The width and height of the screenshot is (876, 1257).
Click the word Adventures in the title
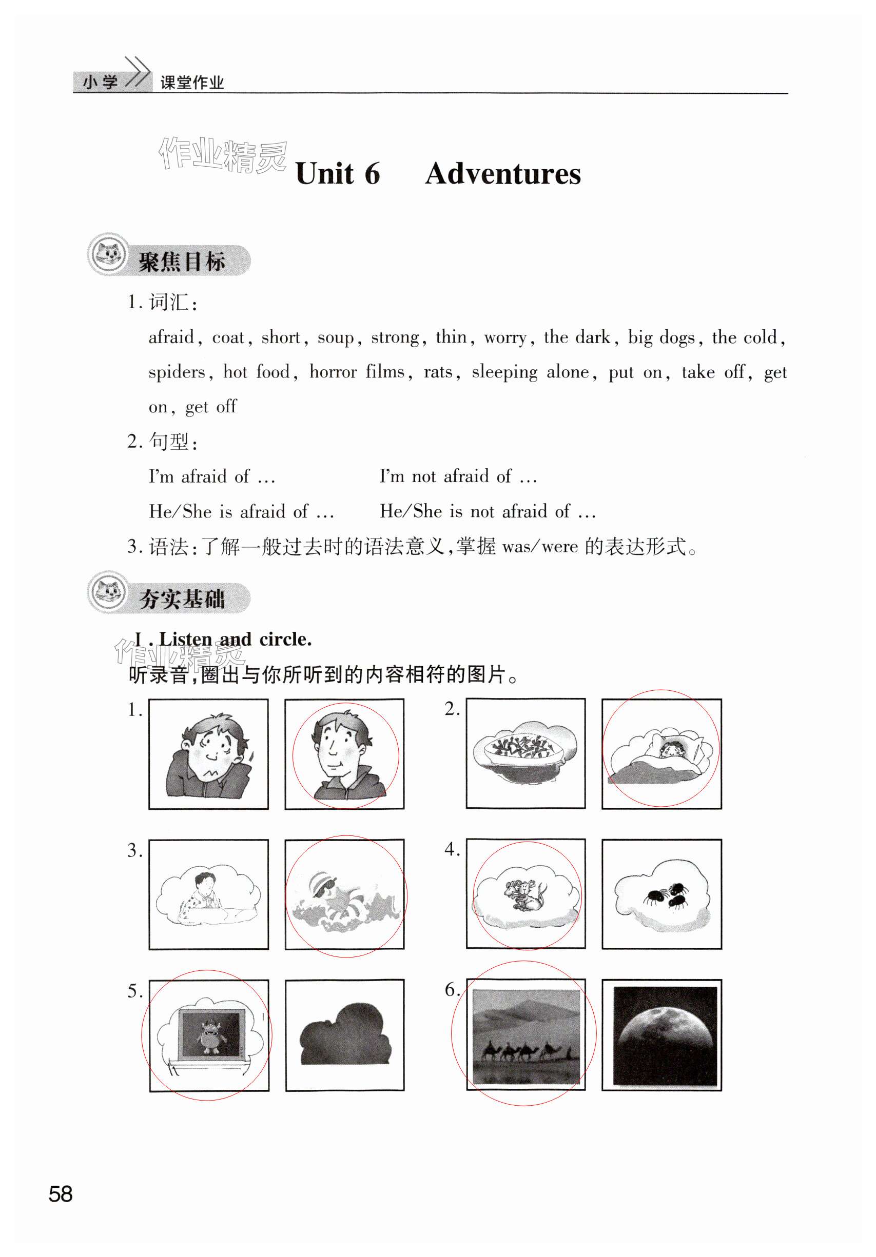tap(502, 174)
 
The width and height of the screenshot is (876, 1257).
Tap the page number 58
tap(60, 1194)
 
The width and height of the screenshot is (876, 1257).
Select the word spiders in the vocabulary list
tap(177, 372)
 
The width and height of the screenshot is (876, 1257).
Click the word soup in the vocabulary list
tap(336, 337)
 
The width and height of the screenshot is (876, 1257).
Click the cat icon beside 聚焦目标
tap(108, 254)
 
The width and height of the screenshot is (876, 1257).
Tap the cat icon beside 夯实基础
tap(108, 592)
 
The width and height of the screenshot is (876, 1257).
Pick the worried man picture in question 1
tap(208, 754)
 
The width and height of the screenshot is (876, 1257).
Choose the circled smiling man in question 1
tap(344, 754)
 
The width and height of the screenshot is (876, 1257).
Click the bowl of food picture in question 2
tap(525, 754)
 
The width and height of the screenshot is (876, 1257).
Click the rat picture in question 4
tap(525, 894)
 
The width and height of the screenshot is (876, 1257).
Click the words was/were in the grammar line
tap(540, 546)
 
